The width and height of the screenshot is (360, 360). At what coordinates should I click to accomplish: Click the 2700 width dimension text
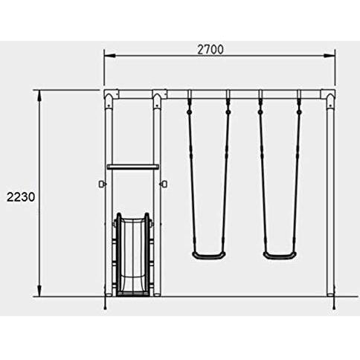[210, 50]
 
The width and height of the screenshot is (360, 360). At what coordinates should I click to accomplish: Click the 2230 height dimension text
[20, 197]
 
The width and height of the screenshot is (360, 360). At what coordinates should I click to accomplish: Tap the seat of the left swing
[208, 255]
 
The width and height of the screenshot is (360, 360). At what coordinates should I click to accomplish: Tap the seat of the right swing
[279, 255]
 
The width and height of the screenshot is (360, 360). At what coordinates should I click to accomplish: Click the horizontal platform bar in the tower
[132, 167]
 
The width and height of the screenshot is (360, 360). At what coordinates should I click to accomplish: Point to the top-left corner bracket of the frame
[111, 96]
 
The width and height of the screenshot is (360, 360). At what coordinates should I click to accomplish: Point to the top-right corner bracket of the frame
[327, 96]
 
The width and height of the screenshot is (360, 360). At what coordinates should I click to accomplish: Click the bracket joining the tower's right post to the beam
[158, 96]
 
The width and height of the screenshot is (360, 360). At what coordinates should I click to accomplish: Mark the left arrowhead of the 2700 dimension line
[107, 54]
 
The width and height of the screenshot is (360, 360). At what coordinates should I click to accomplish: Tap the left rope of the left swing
[191, 179]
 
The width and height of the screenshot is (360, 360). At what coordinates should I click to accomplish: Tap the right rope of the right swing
[297, 179]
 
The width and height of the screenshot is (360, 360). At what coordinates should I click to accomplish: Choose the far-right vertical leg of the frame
[328, 201]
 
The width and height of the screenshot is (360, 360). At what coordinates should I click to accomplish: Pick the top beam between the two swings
[244, 94]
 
